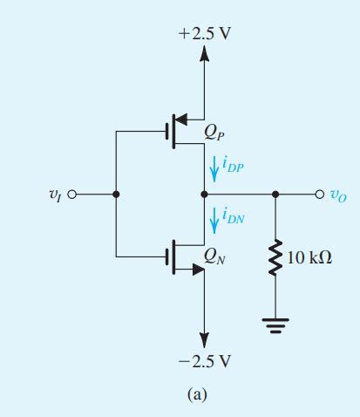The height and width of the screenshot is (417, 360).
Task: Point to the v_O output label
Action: (336, 195)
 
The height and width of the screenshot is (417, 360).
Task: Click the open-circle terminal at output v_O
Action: (318, 195)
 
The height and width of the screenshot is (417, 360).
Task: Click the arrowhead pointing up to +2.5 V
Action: (205, 54)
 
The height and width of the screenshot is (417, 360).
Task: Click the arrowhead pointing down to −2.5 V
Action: (205, 338)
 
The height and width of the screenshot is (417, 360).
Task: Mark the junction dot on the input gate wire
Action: (115, 195)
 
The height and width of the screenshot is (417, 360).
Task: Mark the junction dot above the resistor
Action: (277, 195)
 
